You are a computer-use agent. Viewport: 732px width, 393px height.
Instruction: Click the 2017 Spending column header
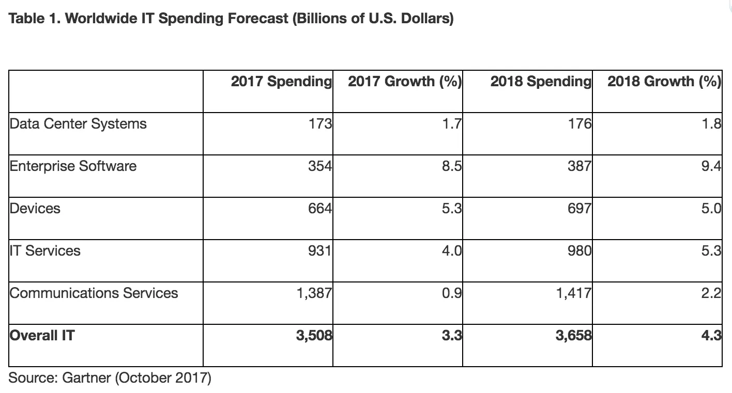click(x=281, y=82)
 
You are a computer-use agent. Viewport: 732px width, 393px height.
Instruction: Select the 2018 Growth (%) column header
click(x=664, y=82)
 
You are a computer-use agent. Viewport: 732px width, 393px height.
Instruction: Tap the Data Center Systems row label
click(x=78, y=124)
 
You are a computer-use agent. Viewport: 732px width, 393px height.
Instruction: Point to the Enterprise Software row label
click(x=73, y=166)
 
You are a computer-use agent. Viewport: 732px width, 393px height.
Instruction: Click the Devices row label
click(x=35, y=209)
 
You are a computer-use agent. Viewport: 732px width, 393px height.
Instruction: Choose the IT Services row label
click(x=45, y=251)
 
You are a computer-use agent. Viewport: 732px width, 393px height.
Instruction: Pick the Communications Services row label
click(x=94, y=293)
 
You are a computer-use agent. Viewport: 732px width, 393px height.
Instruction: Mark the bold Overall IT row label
click(x=42, y=336)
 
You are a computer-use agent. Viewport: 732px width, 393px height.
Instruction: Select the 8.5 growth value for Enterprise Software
click(x=451, y=166)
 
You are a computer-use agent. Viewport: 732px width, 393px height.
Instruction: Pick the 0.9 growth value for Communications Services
click(x=451, y=293)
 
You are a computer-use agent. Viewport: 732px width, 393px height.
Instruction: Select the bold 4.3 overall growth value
click(x=711, y=336)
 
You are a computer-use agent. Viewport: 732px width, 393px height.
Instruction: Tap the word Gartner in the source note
click(x=86, y=378)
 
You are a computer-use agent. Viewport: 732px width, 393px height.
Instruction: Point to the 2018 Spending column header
click(x=540, y=82)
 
